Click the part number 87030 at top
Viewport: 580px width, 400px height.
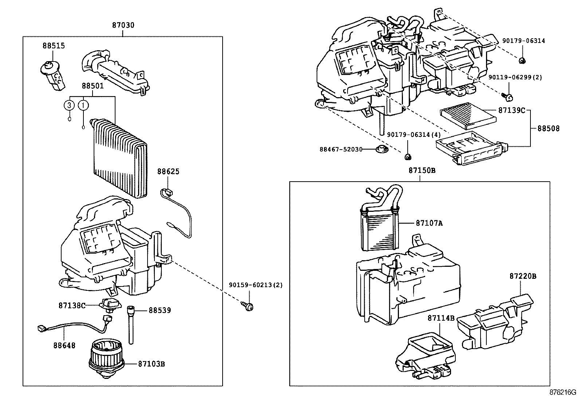(123, 25)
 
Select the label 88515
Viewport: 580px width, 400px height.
(54, 46)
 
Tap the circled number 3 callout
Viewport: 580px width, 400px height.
(68, 105)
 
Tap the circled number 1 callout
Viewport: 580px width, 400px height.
(83, 105)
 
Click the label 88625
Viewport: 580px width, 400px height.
(168, 171)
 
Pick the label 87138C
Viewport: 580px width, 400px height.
(72, 305)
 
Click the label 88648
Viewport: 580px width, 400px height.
(64, 345)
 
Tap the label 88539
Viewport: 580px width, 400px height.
(160, 310)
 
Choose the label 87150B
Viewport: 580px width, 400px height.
(422, 171)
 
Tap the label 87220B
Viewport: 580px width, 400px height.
(523, 276)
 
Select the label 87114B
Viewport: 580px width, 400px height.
(441, 318)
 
